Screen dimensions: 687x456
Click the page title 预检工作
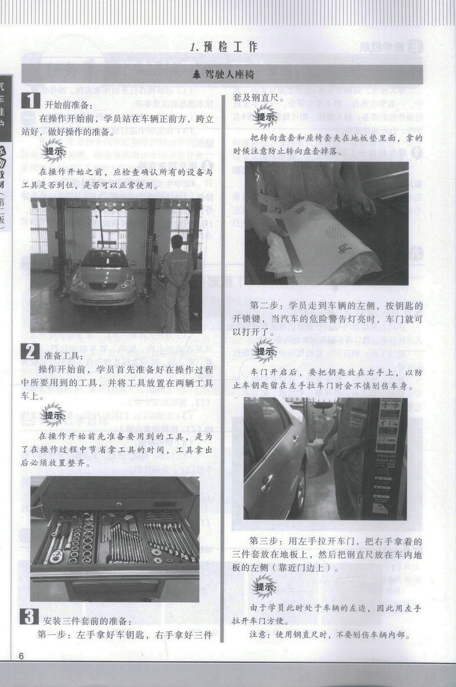point(225,47)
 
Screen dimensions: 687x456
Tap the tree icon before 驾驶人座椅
point(197,74)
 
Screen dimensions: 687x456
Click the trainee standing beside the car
point(177,282)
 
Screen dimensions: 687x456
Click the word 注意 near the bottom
point(260,635)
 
